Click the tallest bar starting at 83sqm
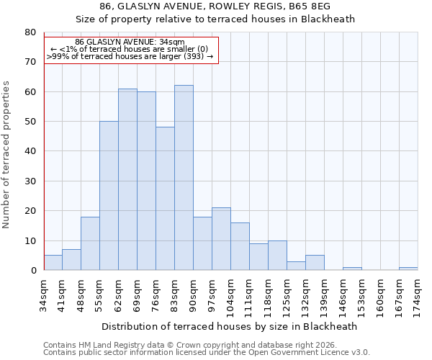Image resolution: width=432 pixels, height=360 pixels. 184,178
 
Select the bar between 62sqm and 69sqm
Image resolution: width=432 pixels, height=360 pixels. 127,179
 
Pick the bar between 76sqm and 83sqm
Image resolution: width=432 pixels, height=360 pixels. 165,199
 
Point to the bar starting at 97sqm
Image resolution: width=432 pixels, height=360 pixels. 221,239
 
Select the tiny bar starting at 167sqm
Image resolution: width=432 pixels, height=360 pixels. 408,269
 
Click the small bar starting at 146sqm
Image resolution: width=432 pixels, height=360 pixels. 352,269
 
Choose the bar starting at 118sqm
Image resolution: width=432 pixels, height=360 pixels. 277,256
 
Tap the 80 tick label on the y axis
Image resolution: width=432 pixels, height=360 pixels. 30,32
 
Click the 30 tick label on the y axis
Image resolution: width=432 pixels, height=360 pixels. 30,181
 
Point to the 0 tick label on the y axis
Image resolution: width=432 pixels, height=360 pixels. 33,271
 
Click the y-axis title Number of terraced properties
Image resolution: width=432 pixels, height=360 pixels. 7,154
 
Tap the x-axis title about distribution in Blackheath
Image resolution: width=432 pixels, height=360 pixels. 229,326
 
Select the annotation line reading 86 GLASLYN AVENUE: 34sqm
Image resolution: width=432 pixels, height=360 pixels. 130,42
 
